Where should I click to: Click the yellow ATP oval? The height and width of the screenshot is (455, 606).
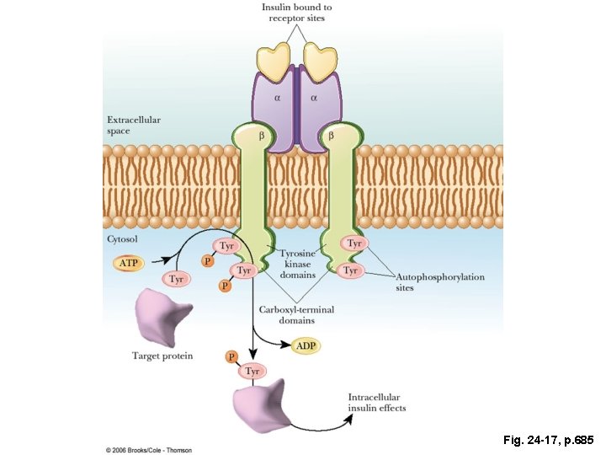[x=128, y=264]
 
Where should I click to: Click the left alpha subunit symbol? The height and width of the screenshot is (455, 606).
[x=277, y=98]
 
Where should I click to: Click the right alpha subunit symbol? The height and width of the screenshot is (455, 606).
[x=314, y=98]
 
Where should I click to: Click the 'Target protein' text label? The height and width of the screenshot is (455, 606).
[x=162, y=356]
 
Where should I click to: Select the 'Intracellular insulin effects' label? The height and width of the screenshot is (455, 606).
[x=376, y=403]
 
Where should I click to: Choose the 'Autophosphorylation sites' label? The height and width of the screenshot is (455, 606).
[x=440, y=282]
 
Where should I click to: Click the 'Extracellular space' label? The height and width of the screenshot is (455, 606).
[x=133, y=126]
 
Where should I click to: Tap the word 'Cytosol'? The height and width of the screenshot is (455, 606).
[x=123, y=239]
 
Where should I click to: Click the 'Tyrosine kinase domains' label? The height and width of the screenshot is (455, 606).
[x=297, y=264]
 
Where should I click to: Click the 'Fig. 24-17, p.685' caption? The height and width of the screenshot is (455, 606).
[x=548, y=440]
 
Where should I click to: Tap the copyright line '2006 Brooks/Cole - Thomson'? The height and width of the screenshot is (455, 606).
[x=149, y=450]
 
